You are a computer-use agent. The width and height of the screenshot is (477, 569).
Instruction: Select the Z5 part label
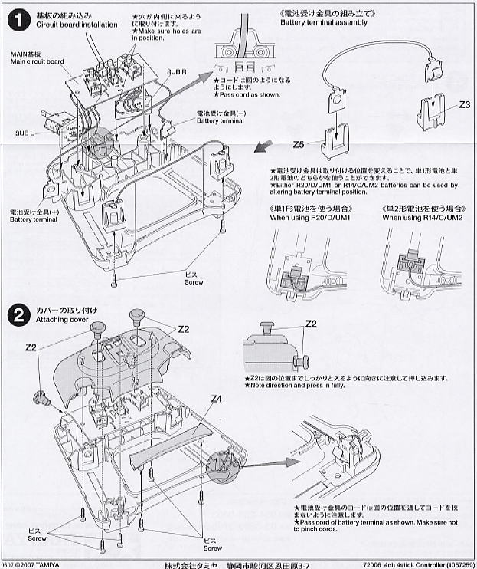coord(299,143)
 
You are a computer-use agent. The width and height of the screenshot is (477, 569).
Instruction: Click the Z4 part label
coord(217,399)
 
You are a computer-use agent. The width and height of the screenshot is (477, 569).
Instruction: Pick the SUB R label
coord(178,71)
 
